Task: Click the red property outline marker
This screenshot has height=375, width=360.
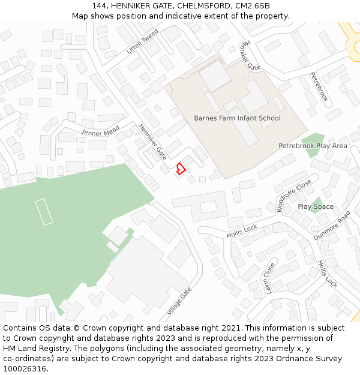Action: (179, 169)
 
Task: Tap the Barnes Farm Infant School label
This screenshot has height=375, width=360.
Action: (237, 118)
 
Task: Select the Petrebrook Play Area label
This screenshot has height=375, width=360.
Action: (313, 146)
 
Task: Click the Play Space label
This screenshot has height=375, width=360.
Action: (316, 207)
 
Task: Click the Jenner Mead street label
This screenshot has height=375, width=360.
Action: (101, 131)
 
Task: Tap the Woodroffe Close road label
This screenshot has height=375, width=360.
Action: (294, 196)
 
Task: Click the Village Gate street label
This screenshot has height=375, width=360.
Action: (179, 301)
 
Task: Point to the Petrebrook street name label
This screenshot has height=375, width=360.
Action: (319, 87)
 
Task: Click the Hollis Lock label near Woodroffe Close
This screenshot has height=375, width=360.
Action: (242, 231)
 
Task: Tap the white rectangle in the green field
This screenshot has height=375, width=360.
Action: (44, 211)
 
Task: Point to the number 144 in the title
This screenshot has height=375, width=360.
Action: (99, 6)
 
